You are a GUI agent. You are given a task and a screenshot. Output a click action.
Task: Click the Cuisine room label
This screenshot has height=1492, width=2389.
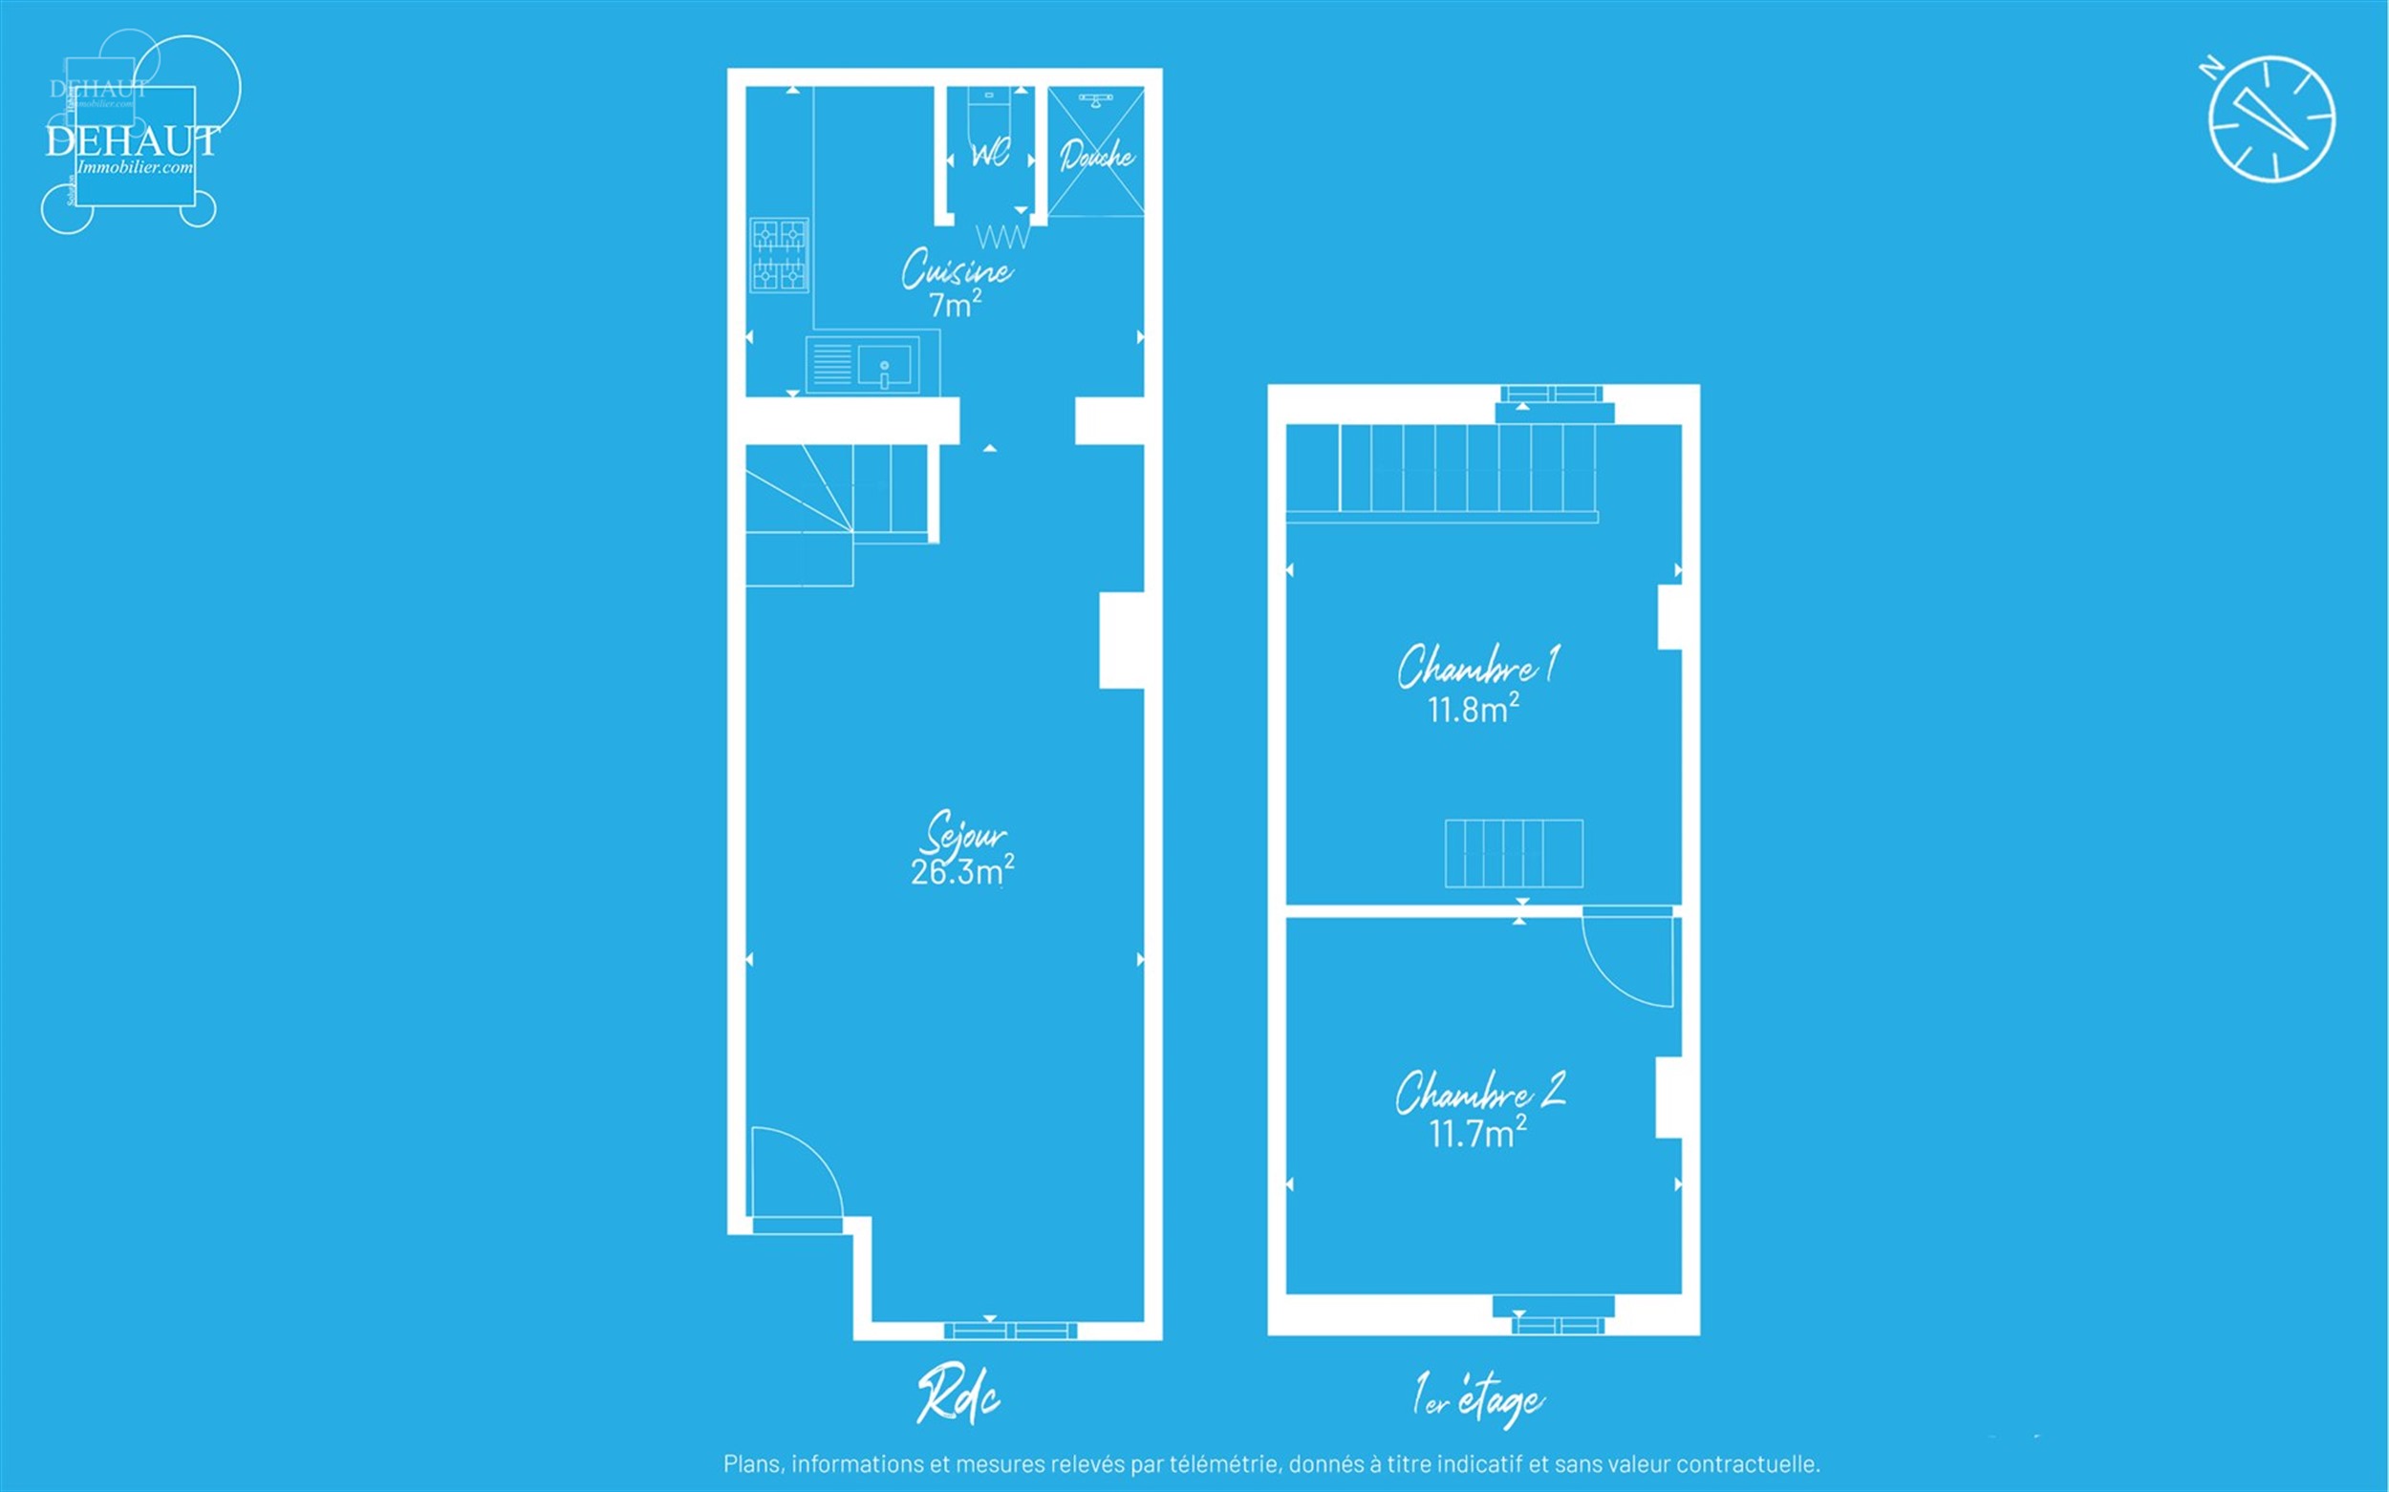point(957,268)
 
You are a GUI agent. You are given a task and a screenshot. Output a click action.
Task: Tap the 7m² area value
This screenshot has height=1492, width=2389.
point(955,304)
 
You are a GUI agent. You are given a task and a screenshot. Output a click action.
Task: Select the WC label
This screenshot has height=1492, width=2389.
point(990,154)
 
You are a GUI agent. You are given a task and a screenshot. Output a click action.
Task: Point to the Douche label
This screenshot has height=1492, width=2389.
point(1097,156)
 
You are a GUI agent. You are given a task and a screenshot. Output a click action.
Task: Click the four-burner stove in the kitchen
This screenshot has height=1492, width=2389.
point(779,256)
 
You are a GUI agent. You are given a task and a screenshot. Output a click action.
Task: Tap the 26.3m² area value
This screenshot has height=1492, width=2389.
point(961,871)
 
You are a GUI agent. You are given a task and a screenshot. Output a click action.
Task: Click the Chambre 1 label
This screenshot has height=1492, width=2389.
point(1477,666)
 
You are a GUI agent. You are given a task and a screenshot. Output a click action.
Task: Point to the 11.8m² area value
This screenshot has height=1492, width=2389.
point(1473,709)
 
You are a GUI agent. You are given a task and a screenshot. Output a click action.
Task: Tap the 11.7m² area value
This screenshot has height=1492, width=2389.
point(1477,1132)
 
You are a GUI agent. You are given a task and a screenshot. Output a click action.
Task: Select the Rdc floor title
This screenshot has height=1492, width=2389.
point(958,1396)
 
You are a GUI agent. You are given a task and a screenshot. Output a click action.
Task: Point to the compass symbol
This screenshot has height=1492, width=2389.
point(2271,119)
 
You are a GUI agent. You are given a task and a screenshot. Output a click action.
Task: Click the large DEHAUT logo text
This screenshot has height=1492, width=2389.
point(132,141)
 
